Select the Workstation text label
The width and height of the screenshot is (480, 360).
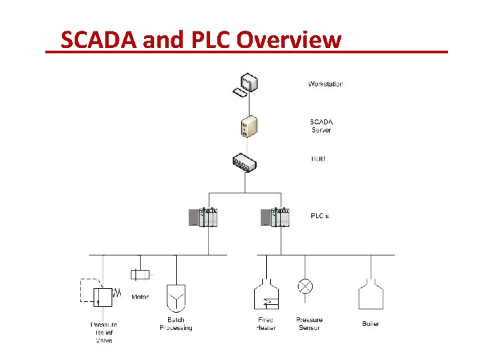(325, 84)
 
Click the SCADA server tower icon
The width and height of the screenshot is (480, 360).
(249, 126)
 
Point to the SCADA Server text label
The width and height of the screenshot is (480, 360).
(321, 126)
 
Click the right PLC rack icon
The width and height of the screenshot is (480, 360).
(275, 217)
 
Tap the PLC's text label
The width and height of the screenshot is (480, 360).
(320, 216)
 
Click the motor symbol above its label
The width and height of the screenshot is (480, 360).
(141, 275)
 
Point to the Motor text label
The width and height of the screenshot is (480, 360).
(140, 297)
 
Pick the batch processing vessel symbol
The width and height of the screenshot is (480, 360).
(176, 298)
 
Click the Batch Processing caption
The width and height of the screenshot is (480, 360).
(176, 324)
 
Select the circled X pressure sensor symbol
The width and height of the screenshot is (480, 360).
(305, 287)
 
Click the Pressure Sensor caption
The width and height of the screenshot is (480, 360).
(309, 324)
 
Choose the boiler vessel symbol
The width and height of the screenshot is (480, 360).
(371, 295)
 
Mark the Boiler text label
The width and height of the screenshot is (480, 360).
(371, 323)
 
